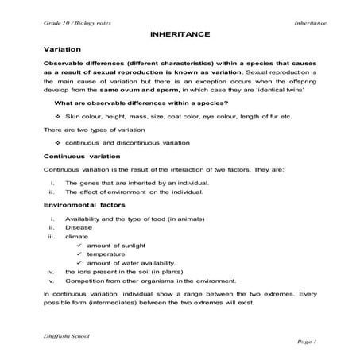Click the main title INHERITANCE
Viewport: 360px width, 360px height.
point(180,36)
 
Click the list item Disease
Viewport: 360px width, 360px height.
point(78,226)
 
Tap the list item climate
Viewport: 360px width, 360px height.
point(77,236)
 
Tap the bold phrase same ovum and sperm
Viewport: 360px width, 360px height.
point(140,90)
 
